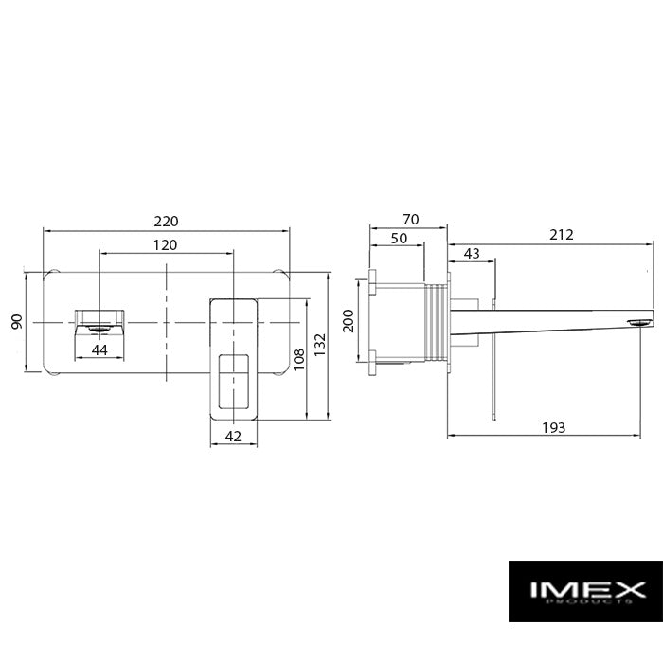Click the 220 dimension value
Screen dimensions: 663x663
pyautogui.click(x=166, y=221)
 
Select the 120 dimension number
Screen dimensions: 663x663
pyautogui.click(x=165, y=244)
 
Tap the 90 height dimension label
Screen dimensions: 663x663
pyautogui.click(x=17, y=322)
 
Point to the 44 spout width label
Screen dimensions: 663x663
pyautogui.click(x=99, y=349)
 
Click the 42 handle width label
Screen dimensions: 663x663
pyautogui.click(x=233, y=436)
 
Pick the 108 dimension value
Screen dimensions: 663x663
pyautogui.click(x=298, y=359)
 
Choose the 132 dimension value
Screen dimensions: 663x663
pyautogui.click(x=320, y=345)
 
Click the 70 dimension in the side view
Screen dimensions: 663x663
pyautogui.click(x=410, y=219)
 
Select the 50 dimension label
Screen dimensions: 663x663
pyautogui.click(x=399, y=238)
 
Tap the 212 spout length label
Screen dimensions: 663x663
pyautogui.click(x=561, y=235)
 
